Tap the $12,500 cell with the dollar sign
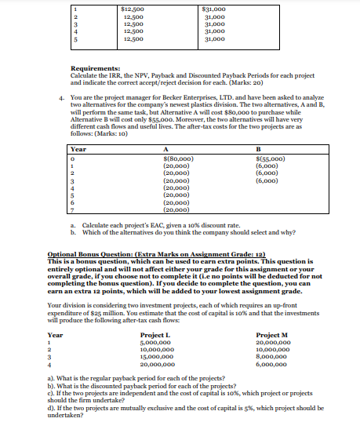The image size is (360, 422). point(134,8)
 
